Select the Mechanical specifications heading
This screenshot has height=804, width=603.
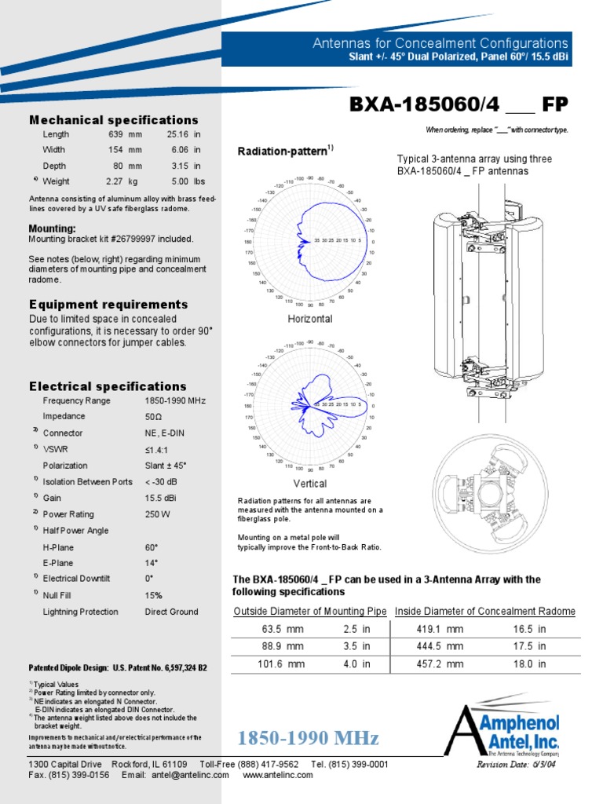(x=114, y=120)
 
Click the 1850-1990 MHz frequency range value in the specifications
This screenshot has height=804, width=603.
(x=175, y=400)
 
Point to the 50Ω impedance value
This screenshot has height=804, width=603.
(x=154, y=417)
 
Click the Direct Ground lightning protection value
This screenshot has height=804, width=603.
(x=171, y=612)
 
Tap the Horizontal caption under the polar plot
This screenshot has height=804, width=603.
(x=310, y=319)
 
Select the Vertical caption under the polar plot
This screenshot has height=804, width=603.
(x=310, y=484)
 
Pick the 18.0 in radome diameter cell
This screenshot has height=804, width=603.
(x=529, y=663)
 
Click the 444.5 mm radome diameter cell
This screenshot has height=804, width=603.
(x=440, y=646)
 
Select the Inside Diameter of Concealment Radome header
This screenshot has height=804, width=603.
(x=485, y=612)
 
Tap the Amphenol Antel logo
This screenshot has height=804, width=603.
(x=502, y=726)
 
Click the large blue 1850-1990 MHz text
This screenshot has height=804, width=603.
(x=309, y=738)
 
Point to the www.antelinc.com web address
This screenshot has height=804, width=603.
(x=278, y=775)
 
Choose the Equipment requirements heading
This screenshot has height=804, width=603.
(x=108, y=305)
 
